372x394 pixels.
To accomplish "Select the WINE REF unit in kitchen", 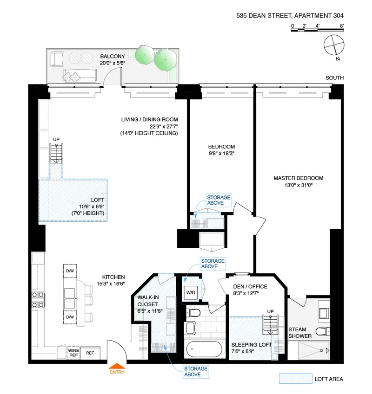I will [73, 353].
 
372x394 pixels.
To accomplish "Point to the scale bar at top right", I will [317, 30].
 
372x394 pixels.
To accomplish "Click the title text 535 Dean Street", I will [289, 14].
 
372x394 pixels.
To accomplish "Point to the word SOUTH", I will [334, 78].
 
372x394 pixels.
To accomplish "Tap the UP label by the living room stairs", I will [57, 139].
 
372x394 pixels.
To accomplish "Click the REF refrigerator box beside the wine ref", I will [90, 353].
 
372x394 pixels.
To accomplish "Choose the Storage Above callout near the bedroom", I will [219, 200].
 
